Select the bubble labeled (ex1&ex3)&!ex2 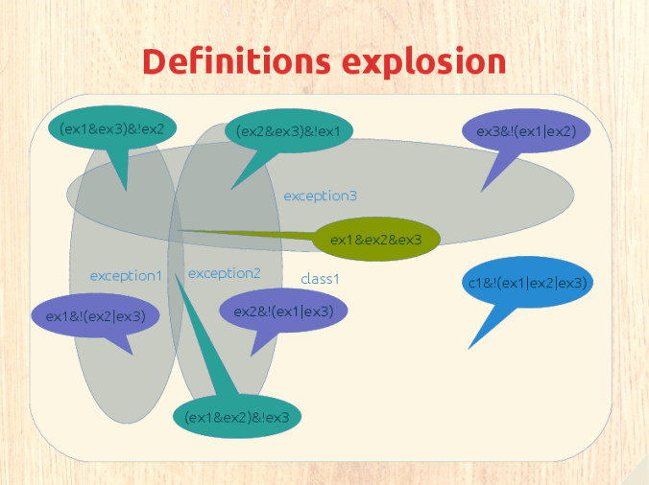point(111,128)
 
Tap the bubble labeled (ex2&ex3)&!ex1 point(288,130)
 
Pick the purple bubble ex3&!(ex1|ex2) point(526,132)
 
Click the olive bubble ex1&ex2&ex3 point(376,240)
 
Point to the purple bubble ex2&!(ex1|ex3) point(283,310)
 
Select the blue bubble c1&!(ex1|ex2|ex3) point(527,283)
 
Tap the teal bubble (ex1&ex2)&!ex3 point(236,417)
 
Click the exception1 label point(126,276)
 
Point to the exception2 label point(224,273)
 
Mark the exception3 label point(320,196)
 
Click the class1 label point(321,279)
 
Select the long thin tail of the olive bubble point(240,233)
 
